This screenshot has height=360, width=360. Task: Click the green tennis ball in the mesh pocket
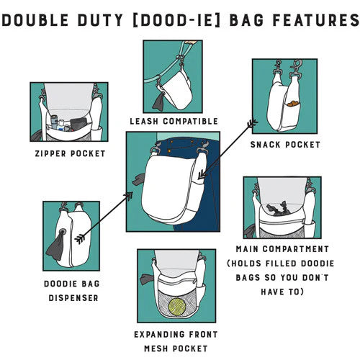click(177, 307)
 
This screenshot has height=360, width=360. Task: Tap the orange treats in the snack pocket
click(292, 104)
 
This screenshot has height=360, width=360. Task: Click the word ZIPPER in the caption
click(50, 153)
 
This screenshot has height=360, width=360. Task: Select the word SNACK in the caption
click(265, 145)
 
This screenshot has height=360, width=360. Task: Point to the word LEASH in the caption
click(144, 122)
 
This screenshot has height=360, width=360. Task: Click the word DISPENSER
click(73, 298)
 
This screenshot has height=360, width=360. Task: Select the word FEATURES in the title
click(316, 20)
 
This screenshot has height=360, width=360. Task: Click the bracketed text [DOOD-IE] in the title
click(176, 20)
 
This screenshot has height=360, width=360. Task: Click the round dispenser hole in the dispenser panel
click(63, 232)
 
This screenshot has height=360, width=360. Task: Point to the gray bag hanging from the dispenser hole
click(56, 246)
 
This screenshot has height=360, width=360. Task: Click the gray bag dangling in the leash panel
click(158, 102)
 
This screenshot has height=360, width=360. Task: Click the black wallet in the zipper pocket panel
click(78, 124)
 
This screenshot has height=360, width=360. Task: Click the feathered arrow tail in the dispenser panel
click(79, 239)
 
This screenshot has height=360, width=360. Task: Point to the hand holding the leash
click(191, 42)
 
